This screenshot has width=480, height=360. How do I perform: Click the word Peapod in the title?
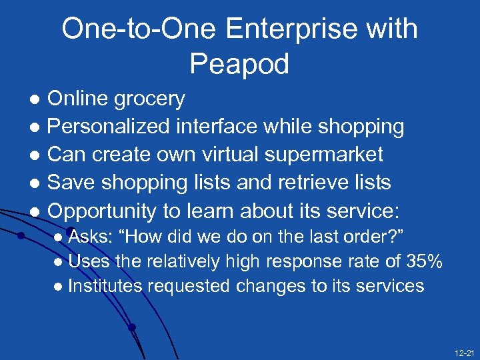239,65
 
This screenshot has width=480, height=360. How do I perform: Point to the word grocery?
150,99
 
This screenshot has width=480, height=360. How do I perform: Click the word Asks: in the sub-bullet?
93,237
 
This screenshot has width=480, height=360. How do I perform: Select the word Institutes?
105,287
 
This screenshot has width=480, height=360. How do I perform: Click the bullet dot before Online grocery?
37,100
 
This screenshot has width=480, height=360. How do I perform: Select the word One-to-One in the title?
141,29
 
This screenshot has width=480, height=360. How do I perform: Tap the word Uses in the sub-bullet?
89,262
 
